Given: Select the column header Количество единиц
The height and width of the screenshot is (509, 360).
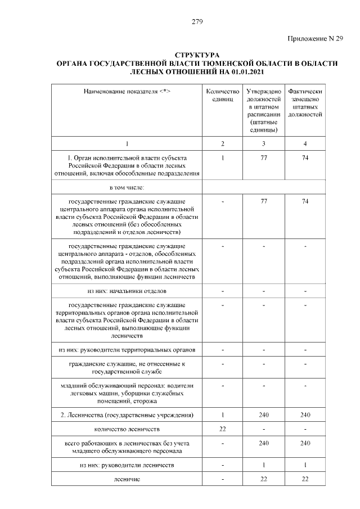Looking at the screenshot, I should pyautogui.click(x=223, y=94).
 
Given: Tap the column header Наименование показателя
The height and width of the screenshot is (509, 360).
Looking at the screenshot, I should pyautogui.click(x=127, y=91).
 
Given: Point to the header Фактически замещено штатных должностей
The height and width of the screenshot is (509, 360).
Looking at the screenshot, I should pyautogui.click(x=304, y=102).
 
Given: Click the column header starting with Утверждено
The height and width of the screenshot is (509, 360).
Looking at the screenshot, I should pyautogui.click(x=264, y=110).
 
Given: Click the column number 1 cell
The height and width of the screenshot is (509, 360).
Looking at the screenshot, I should pyautogui.click(x=127, y=143).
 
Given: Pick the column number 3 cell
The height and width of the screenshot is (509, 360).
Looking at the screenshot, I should pyautogui.click(x=264, y=143).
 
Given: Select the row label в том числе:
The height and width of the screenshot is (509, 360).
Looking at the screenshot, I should pyautogui.click(x=127, y=187).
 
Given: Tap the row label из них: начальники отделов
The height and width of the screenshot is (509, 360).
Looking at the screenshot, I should pyautogui.click(x=127, y=291).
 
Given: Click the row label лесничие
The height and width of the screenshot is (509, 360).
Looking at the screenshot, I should pyautogui.click(x=127, y=479).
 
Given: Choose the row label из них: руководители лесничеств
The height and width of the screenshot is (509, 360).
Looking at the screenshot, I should pyautogui.click(x=127, y=466).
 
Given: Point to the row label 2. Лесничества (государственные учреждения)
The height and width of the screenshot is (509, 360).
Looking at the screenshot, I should pyautogui.click(x=127, y=415).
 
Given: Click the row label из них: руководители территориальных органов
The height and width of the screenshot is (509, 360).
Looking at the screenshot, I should pyautogui.click(x=127, y=349).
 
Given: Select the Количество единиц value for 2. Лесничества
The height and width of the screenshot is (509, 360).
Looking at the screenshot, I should pyautogui.click(x=223, y=415).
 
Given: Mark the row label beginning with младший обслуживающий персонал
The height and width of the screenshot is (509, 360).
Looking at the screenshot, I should pyautogui.click(x=127, y=393).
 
